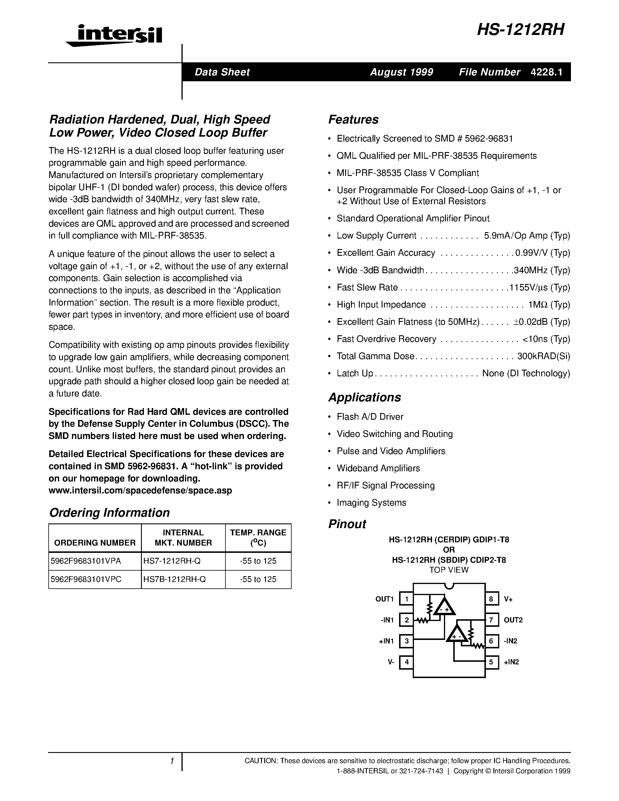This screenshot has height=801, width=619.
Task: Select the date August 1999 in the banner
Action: pos(401,72)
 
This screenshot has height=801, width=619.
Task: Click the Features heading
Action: pos(353,119)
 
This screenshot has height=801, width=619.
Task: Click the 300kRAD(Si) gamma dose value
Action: pos(544,356)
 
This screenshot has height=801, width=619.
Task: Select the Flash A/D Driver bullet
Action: pos(370,417)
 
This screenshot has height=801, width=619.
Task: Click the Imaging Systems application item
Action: pos(371,502)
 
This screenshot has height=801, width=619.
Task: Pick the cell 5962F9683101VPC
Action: pos(86,579)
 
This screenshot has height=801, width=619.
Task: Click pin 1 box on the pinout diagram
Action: pos(406,599)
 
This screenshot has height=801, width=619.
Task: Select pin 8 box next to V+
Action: pos(491,599)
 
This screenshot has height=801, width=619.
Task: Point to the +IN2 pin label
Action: pos(511,662)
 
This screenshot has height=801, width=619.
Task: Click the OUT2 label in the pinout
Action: pos(513,620)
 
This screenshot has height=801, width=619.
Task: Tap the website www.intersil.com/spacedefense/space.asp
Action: pos(140,490)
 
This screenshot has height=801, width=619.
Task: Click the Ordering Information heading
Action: pos(109,512)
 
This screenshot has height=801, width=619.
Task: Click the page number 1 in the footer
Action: pos(172,761)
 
